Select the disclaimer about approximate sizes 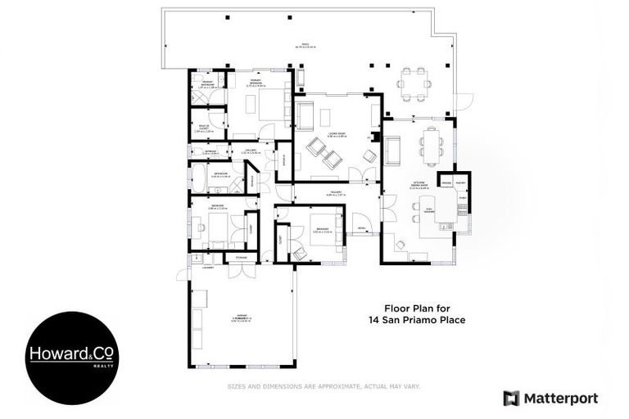324,385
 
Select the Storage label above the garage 241,258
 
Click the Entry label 361,228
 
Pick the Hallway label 332,194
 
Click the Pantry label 460,182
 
